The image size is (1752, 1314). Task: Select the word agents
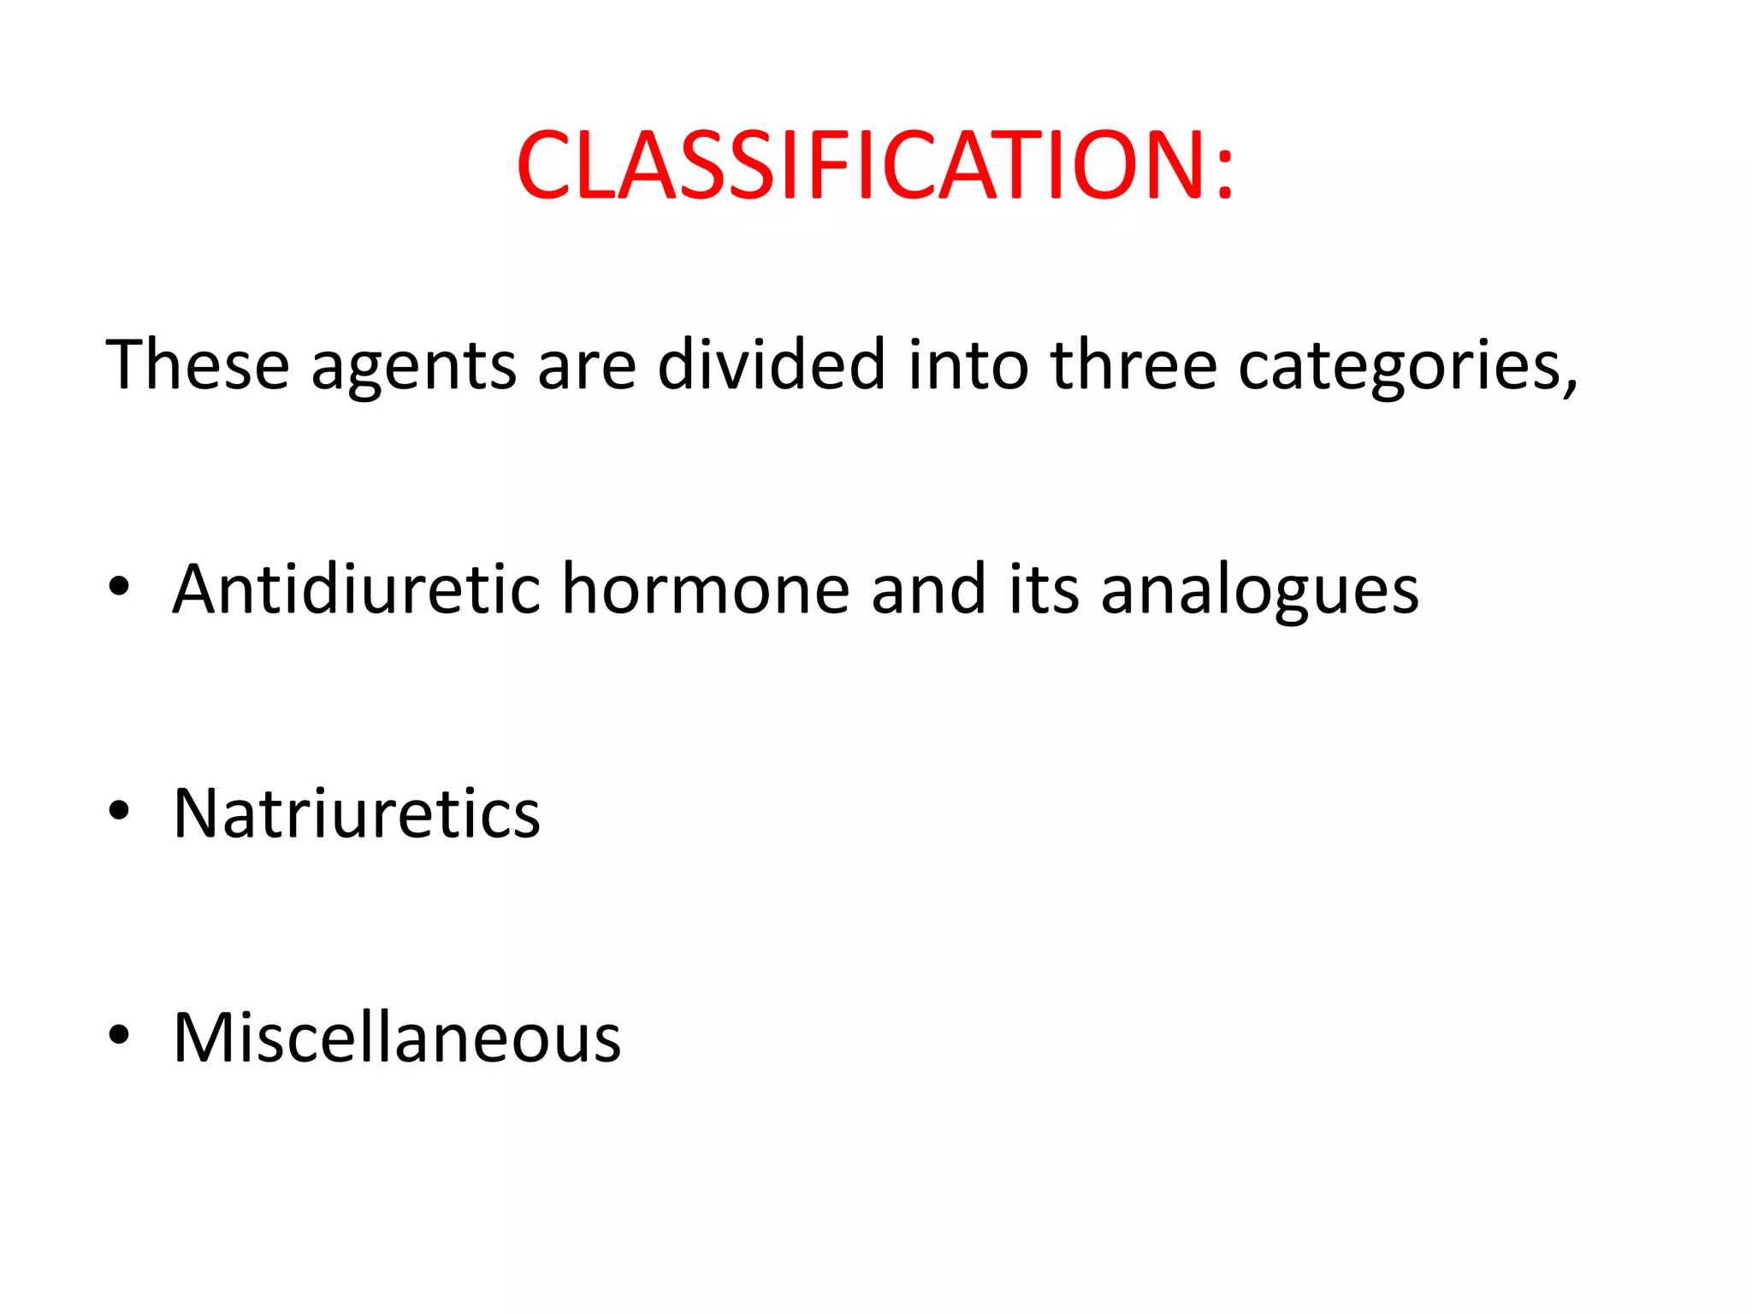414,368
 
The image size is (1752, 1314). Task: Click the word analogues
1259,592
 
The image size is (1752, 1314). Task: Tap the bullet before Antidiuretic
119,587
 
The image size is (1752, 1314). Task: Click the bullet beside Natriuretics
119,811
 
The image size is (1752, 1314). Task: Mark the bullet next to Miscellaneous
119,1035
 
